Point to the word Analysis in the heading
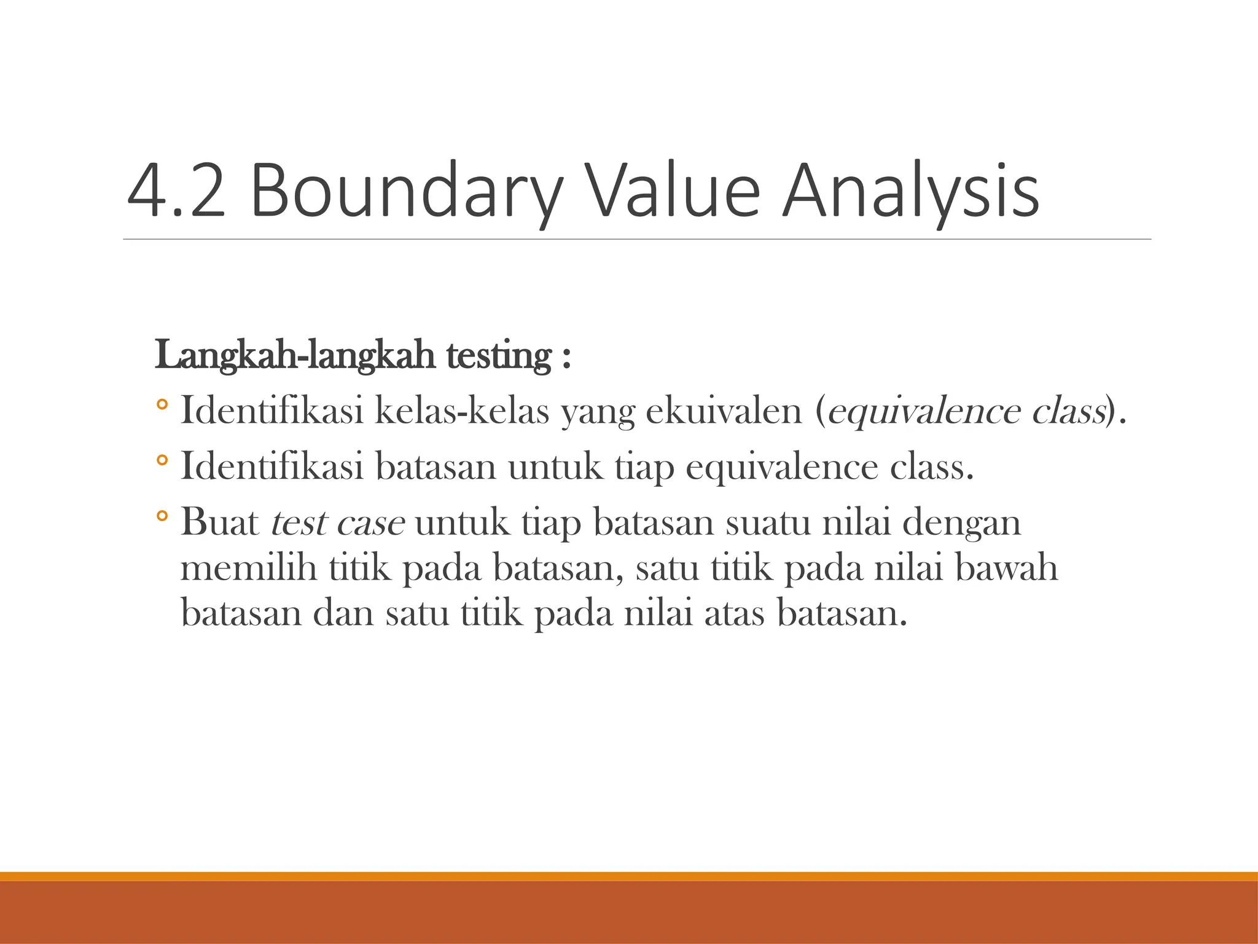910,192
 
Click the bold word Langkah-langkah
295,356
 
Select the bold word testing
499,356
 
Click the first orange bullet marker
162,405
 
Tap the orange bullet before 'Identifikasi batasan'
162,460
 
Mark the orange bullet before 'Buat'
162,516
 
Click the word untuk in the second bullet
555,467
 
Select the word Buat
220,522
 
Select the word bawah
1006,568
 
